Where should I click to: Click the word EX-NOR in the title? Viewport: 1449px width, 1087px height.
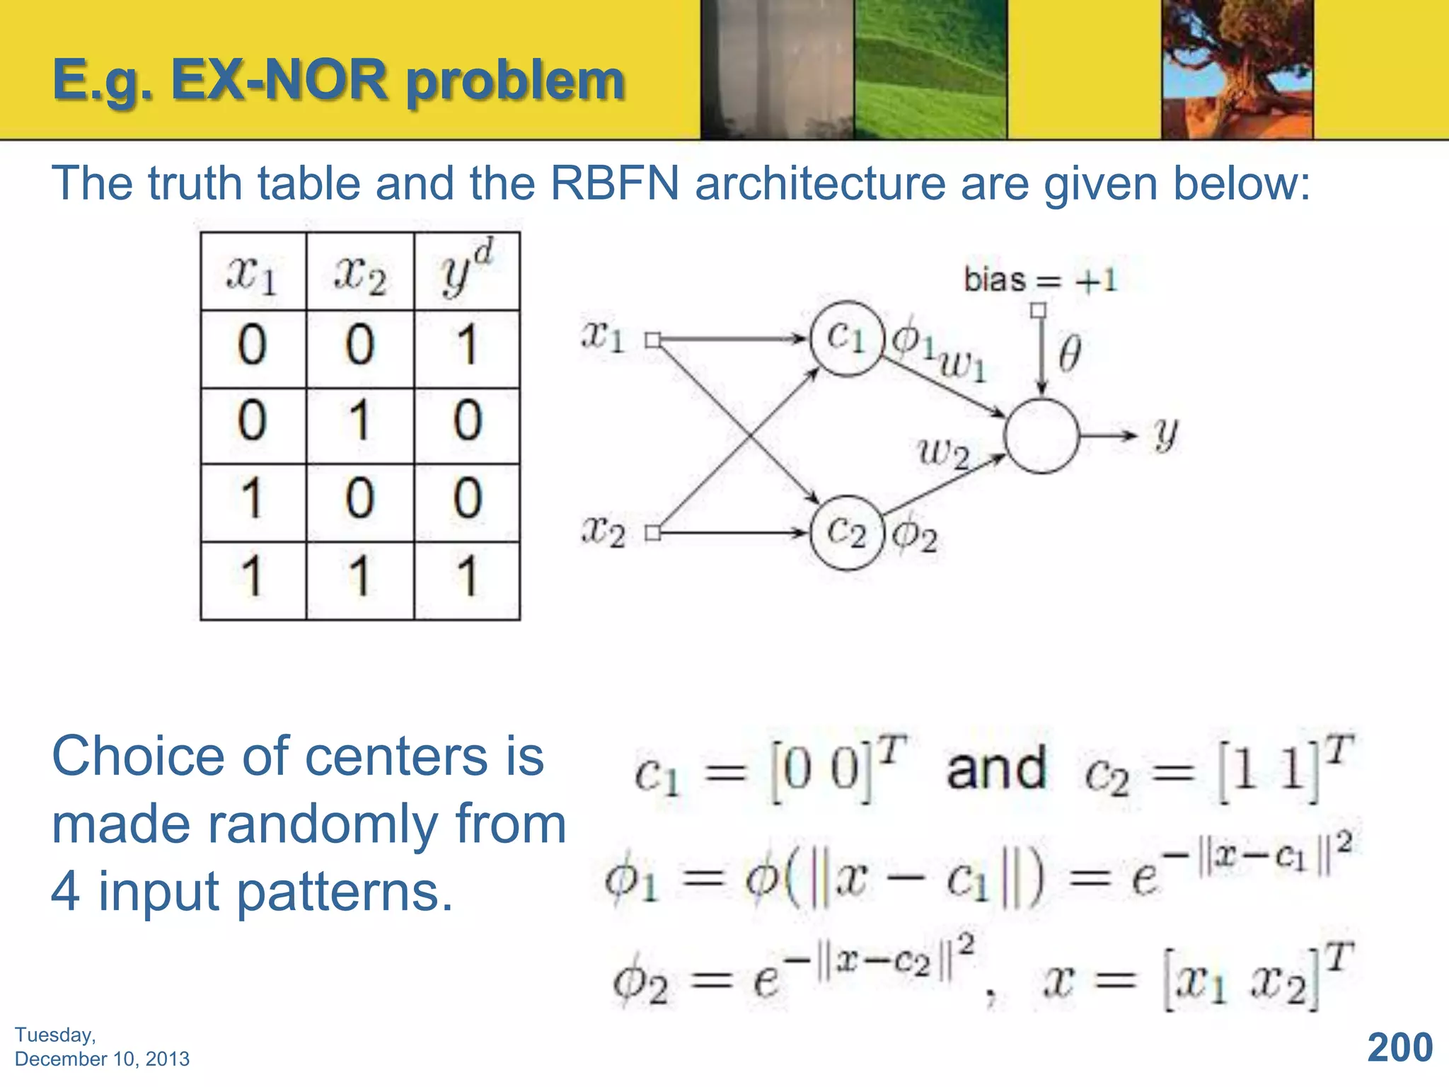tap(279, 81)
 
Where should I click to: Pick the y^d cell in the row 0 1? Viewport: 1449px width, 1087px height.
tap(467, 421)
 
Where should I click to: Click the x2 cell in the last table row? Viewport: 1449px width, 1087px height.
tap(359, 576)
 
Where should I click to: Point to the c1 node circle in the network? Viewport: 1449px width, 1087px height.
tap(846, 338)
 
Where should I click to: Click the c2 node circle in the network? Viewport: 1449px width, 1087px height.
tap(846, 532)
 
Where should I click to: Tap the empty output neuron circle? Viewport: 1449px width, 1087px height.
tap(1041, 435)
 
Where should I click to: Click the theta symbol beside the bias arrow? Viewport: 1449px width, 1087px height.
tap(1069, 354)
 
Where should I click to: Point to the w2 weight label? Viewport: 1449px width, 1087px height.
tap(943, 453)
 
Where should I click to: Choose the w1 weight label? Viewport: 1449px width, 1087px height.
tap(962, 367)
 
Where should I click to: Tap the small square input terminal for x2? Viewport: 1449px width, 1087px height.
tap(653, 533)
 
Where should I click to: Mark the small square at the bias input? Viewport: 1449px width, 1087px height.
tap(1038, 311)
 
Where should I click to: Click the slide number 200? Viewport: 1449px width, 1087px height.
tap(1399, 1047)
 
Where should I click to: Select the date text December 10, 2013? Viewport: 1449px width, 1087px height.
tap(102, 1059)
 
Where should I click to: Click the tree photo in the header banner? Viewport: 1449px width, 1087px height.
tap(1237, 69)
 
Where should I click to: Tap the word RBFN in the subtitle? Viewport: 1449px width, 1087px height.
tap(614, 183)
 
